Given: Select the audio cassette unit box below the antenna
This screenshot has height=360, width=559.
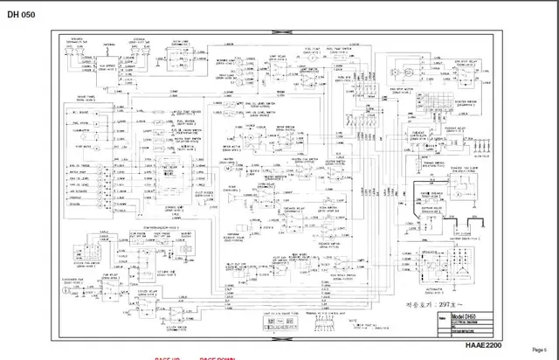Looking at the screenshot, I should [135, 57].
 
